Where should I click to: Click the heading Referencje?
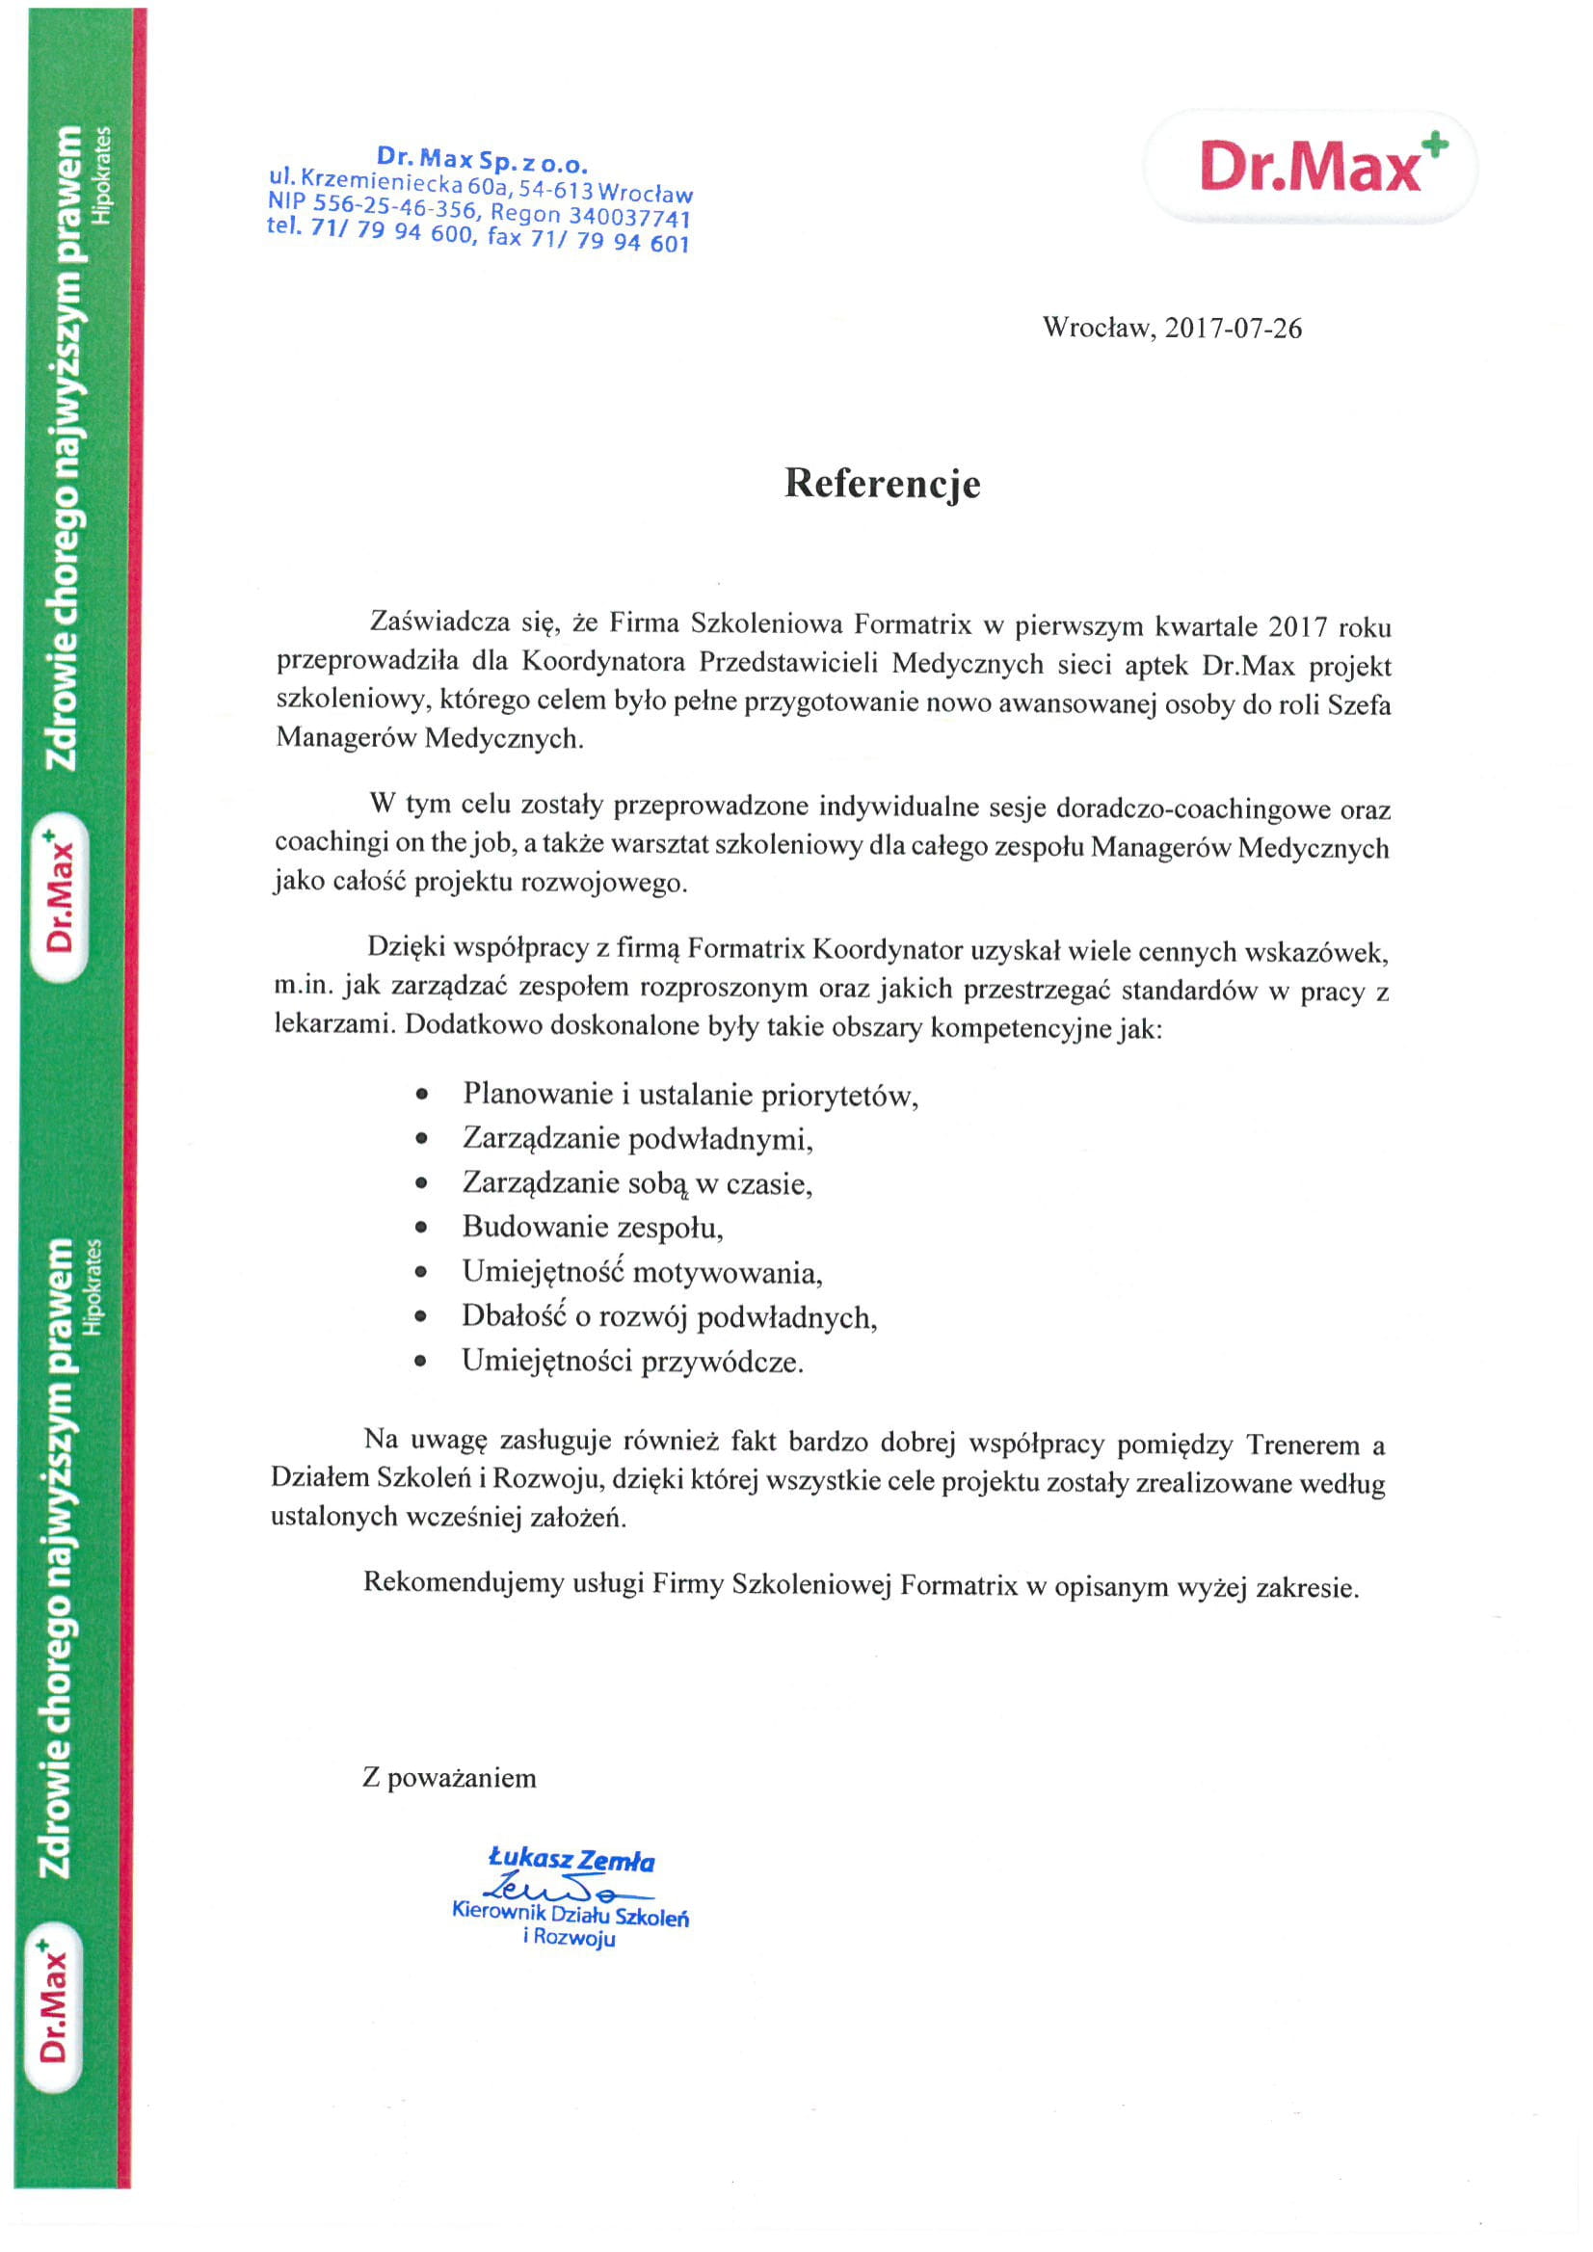[x=882, y=484]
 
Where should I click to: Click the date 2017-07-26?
[x=1233, y=328]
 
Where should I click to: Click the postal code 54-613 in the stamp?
[x=556, y=187]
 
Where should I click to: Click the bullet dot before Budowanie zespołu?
[x=422, y=1227]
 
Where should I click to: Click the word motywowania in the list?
[x=727, y=1272]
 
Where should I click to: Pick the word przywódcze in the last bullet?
[x=722, y=1362]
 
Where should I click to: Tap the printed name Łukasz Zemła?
[x=571, y=1860]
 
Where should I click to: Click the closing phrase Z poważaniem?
[x=449, y=1777]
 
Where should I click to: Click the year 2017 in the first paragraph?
[x=1298, y=626]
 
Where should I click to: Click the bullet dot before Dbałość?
[x=422, y=1316]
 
